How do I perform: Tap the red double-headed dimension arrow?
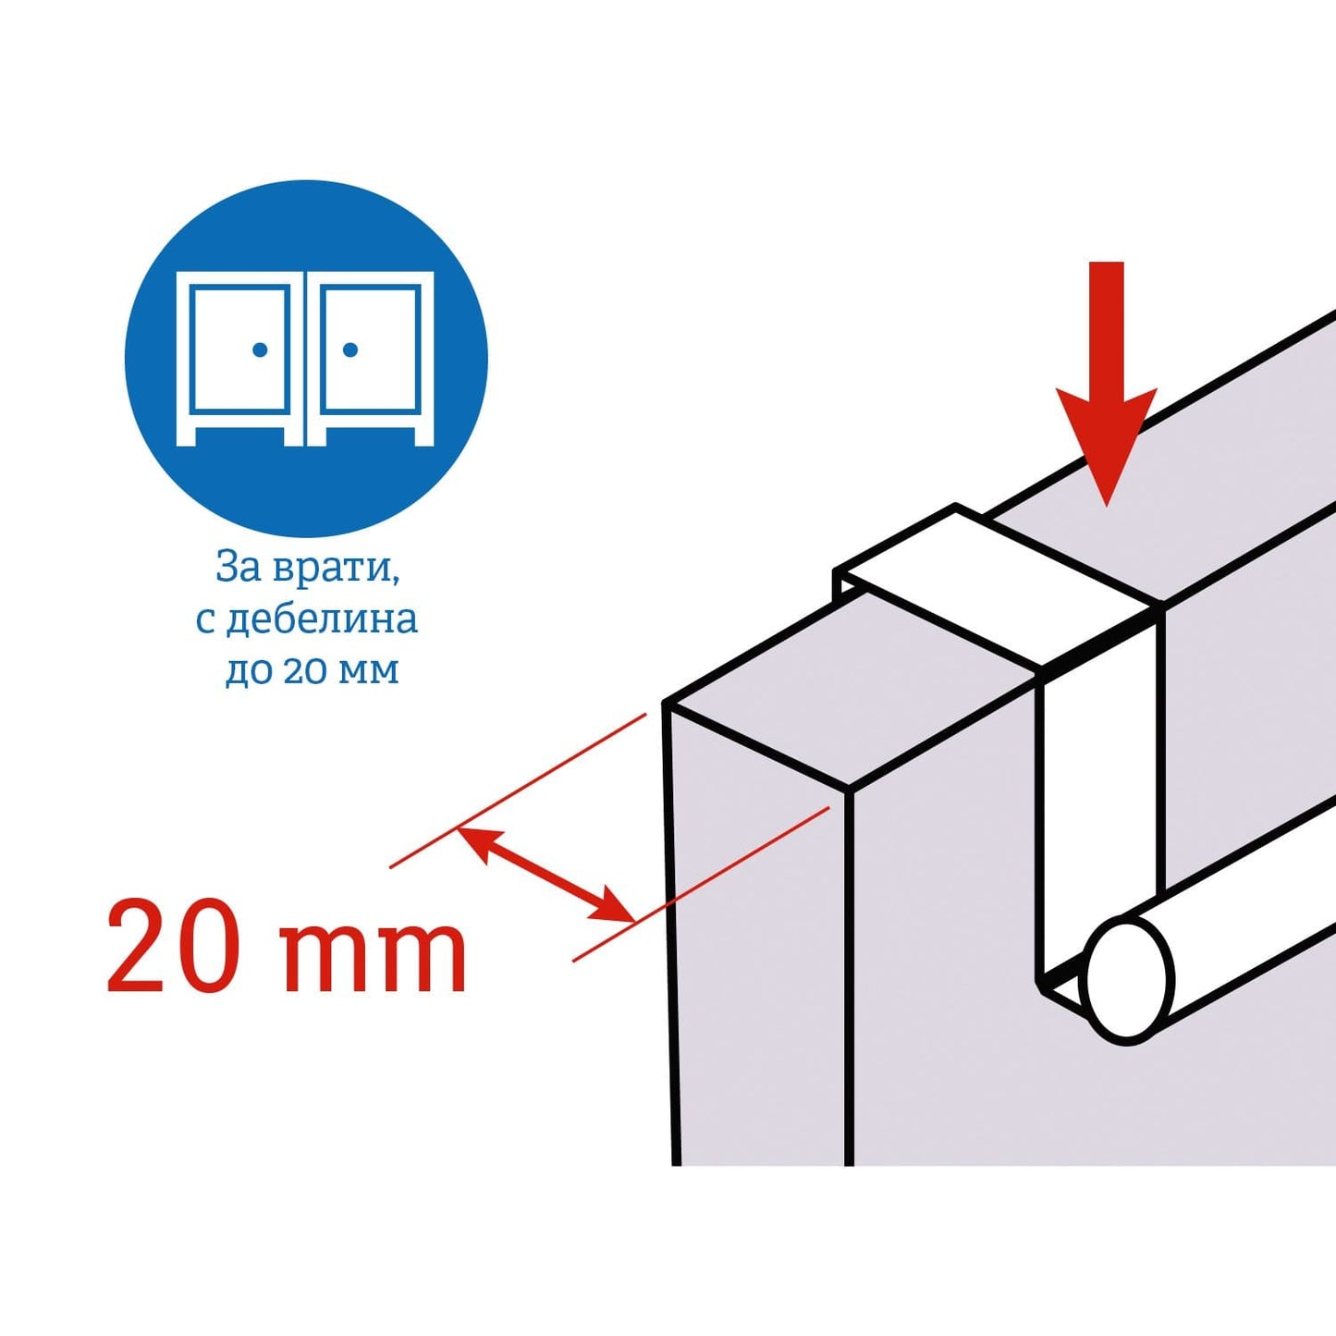[547, 875]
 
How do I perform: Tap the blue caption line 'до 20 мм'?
[312, 670]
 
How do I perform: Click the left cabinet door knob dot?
[260, 350]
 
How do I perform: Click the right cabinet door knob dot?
[350, 350]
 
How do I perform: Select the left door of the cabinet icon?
[239, 349]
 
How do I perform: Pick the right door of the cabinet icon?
[370, 349]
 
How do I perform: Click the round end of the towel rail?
[1131, 980]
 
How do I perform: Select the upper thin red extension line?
[518, 790]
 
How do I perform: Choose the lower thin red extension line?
[701, 883]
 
